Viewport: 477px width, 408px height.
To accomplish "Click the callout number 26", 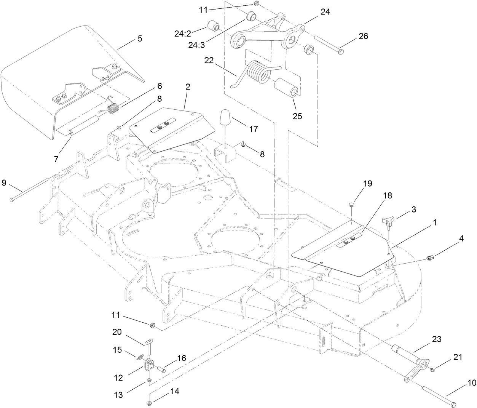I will coord(363,36).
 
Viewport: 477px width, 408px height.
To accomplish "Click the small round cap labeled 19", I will coord(352,205).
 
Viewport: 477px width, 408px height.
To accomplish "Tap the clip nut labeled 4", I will coord(429,258).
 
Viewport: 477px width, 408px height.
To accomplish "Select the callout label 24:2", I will coord(185,34).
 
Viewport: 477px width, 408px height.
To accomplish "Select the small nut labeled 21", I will coord(432,369).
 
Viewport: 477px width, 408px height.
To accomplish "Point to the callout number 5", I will coord(140,38).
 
